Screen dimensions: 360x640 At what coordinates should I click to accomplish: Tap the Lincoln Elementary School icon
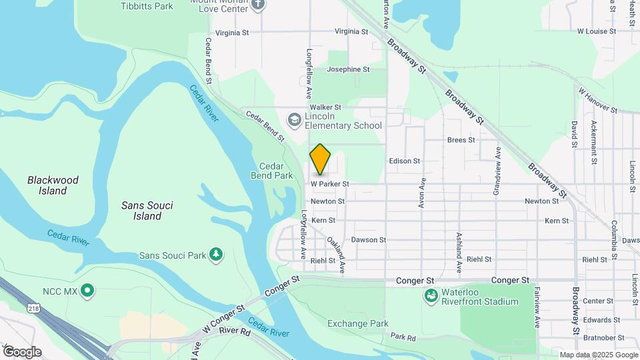point(293,120)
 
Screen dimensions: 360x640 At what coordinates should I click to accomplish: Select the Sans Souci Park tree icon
point(215,255)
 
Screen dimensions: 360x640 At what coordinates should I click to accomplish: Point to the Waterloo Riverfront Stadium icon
point(431,295)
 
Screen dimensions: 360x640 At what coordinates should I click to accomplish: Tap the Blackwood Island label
point(53,185)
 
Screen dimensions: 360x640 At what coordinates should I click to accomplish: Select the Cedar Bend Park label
point(276,171)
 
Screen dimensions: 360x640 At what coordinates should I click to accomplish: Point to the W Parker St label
point(330,183)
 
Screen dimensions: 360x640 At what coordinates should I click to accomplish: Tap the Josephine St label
point(348,69)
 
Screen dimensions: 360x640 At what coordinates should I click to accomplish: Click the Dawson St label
point(369,239)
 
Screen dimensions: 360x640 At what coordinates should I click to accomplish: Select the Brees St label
point(461,140)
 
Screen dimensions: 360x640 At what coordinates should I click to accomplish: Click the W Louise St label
point(597,31)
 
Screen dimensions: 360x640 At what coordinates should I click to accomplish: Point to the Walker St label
point(325,107)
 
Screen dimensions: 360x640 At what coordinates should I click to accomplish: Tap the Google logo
point(22,351)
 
